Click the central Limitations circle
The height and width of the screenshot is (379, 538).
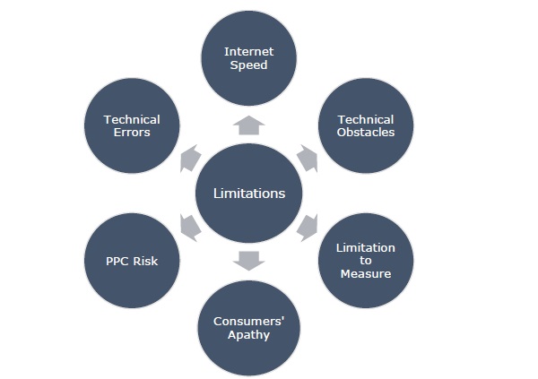pyautogui.click(x=249, y=193)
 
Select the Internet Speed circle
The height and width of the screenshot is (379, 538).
pyautogui.click(x=248, y=58)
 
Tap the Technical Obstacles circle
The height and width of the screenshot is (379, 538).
pyautogui.click(x=366, y=126)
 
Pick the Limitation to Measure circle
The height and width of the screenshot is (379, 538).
pyautogui.click(x=366, y=260)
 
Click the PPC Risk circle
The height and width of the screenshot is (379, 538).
pyautogui.click(x=132, y=260)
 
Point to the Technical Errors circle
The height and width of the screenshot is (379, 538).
pyautogui.click(x=132, y=126)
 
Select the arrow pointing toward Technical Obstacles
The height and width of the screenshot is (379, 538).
pyautogui.click(x=308, y=159)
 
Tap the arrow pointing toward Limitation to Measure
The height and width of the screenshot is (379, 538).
pyautogui.click(x=308, y=227)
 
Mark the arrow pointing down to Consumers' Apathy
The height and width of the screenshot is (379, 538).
pyautogui.click(x=249, y=261)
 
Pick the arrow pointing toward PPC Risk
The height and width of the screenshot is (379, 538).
pyautogui.click(x=190, y=227)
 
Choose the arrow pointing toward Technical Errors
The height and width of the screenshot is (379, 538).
pyautogui.click(x=190, y=159)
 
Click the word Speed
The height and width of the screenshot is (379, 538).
pyautogui.click(x=248, y=65)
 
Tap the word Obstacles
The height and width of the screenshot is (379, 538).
pyautogui.click(x=366, y=133)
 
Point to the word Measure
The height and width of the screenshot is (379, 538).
pyautogui.click(x=366, y=273)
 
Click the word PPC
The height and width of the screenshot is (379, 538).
pyautogui.click(x=119, y=261)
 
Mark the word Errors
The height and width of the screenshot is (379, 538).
pyautogui.click(x=132, y=133)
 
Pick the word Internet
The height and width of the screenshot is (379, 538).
pyautogui.click(x=248, y=51)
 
